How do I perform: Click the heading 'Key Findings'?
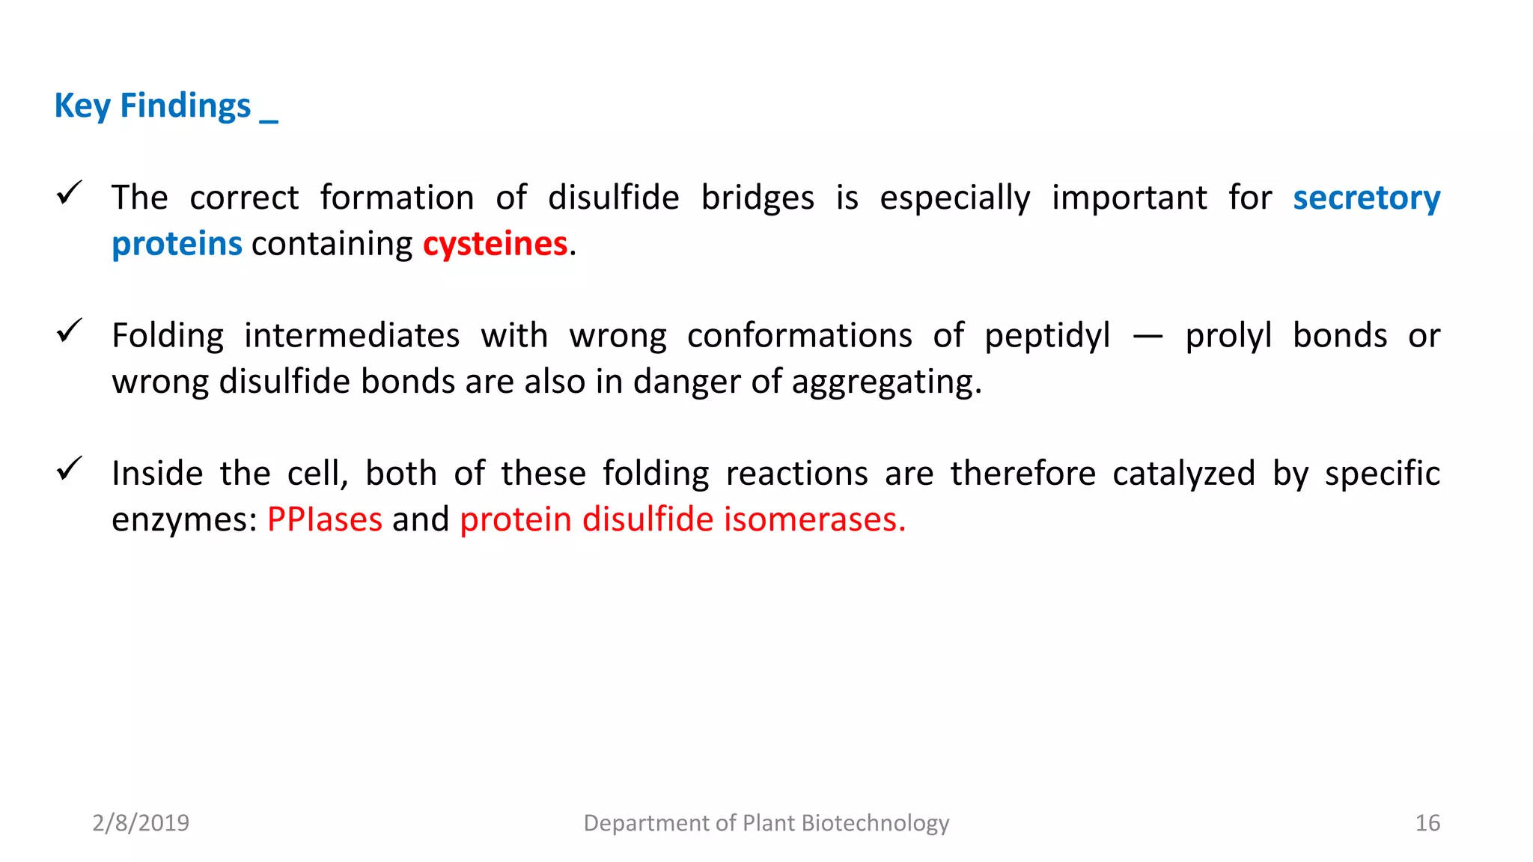153,106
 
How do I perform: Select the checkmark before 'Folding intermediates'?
69,331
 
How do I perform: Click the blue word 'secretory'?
1366,198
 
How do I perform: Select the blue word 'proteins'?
177,245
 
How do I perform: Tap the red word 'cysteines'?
495,245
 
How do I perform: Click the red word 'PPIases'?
324,519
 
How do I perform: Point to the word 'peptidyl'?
1047,336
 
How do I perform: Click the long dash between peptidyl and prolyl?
1148,337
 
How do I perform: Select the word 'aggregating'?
886,382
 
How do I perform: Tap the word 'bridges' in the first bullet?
758,198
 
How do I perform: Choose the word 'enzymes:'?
184,519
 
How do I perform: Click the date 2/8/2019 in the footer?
141,823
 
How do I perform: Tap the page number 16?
1427,823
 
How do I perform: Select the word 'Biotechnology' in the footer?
875,823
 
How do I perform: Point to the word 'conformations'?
799,336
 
